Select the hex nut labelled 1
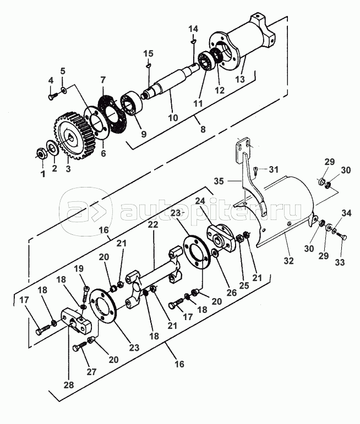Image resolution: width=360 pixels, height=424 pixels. [41, 154]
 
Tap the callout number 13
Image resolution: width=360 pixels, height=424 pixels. [240, 79]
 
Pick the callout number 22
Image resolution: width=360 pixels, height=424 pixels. [153, 225]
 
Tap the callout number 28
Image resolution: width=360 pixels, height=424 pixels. [69, 385]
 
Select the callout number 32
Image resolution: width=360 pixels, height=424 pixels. [288, 261]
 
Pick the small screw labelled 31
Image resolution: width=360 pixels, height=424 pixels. [256, 170]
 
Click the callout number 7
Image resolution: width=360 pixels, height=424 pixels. [102, 80]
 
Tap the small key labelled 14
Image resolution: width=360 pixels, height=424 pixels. [193, 41]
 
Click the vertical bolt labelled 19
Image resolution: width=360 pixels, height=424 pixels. [85, 294]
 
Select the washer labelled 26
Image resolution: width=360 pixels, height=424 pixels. [216, 254]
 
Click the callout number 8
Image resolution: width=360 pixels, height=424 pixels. [203, 129]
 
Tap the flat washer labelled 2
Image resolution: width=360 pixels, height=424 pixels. [51, 147]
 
